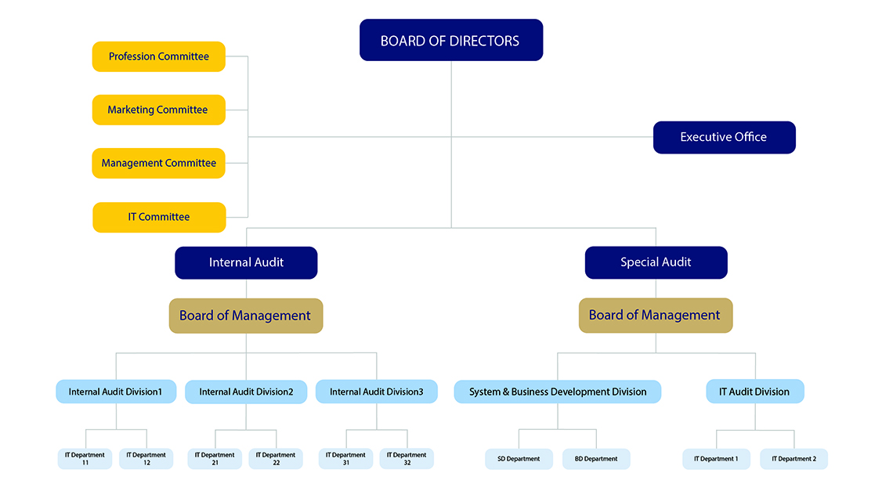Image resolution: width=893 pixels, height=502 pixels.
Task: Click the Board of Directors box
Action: (x=451, y=40)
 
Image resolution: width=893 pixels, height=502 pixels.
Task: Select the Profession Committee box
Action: (x=159, y=56)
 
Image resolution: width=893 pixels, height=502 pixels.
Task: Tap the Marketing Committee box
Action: (x=159, y=110)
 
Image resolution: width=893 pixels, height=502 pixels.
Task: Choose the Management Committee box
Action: (x=159, y=164)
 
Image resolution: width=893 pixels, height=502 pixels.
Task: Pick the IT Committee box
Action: (x=160, y=217)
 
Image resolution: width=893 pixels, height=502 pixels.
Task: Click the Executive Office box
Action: (x=725, y=137)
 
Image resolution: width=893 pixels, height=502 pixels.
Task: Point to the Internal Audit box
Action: (x=246, y=262)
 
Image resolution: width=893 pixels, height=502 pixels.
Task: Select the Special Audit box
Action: (x=656, y=262)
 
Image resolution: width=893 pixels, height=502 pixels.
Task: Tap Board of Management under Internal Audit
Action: (x=246, y=316)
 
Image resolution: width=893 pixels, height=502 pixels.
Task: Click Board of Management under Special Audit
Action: (x=656, y=316)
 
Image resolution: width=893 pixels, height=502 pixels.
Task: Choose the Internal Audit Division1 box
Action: (x=116, y=392)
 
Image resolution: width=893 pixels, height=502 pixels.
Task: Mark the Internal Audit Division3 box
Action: (x=377, y=392)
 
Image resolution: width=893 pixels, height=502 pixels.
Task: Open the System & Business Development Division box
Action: (x=558, y=392)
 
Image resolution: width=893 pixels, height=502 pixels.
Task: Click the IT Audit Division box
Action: (x=755, y=392)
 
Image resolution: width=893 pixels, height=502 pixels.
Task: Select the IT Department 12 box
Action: (x=146, y=459)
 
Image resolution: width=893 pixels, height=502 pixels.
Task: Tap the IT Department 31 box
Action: (x=345, y=459)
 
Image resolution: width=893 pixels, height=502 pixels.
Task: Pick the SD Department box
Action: (x=519, y=459)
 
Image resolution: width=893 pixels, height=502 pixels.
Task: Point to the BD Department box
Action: (x=596, y=459)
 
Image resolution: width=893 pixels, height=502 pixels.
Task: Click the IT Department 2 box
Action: (x=794, y=459)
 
